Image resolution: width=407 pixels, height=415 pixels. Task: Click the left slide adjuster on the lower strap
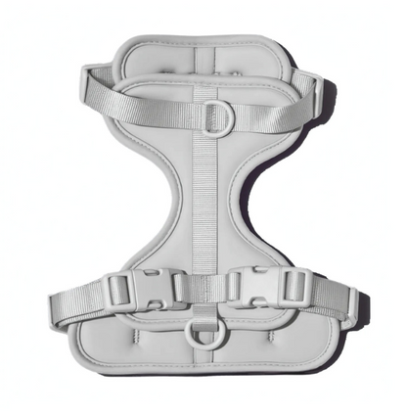[118, 290]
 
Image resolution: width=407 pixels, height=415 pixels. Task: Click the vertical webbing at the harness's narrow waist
[203, 206]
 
